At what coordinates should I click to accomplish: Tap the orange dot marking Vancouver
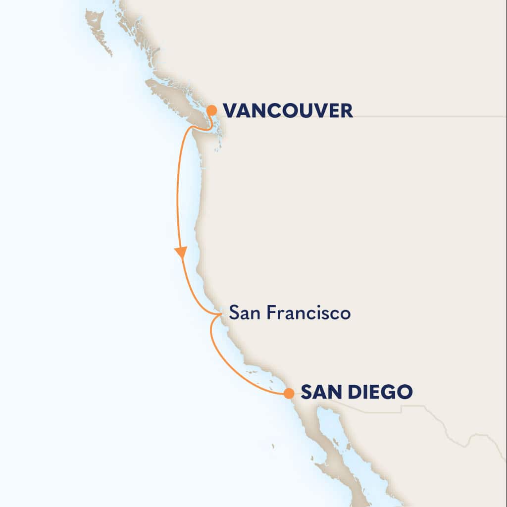(x=211, y=110)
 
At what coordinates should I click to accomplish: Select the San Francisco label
(x=290, y=313)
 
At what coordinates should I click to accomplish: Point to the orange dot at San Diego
(x=288, y=394)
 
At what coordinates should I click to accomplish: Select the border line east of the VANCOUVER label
(x=426, y=117)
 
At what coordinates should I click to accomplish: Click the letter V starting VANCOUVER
(x=230, y=110)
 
